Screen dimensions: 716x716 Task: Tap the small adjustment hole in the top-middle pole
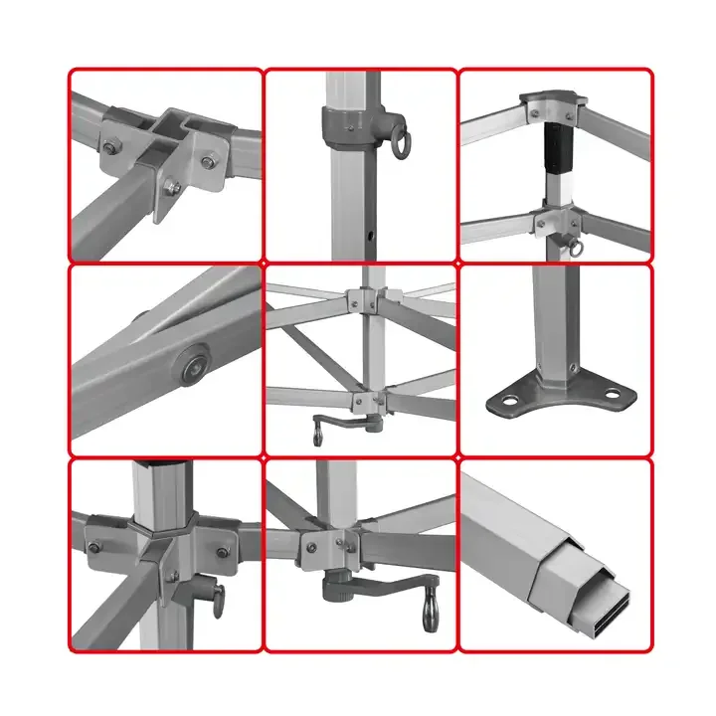coord(370,238)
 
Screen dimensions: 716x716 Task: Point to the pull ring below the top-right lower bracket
coord(574,249)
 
